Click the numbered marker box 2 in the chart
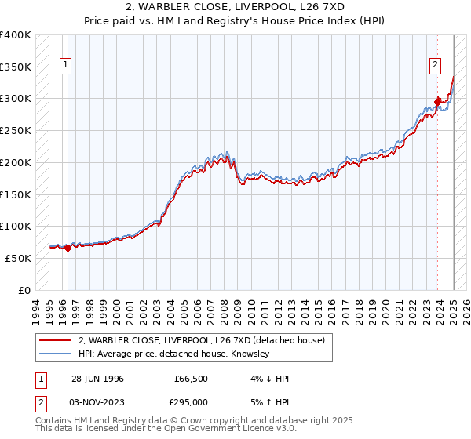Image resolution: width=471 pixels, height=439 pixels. (435, 67)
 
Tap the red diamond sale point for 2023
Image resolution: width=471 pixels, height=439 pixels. (438, 101)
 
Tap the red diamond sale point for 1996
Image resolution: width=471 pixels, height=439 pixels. (68, 248)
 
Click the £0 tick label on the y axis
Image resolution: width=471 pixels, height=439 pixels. (24, 290)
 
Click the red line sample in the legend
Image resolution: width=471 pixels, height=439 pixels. (55, 340)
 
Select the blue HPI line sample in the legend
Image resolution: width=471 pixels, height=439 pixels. (55, 354)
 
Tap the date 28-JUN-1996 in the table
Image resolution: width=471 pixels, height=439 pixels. (97, 379)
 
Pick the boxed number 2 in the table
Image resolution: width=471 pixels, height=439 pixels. (40, 402)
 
